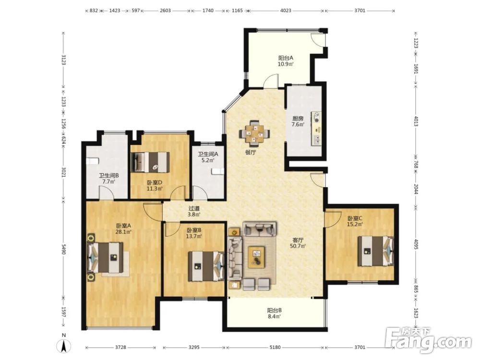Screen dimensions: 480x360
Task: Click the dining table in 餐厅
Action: click(254, 133)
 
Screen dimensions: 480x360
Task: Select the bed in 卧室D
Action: click(150, 162)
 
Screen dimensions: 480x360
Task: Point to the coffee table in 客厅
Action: click(256, 257)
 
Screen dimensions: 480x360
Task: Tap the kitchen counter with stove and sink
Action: click(317, 129)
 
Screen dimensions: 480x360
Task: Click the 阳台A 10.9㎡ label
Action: click(286, 61)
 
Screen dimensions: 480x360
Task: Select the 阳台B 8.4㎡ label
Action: click(274, 313)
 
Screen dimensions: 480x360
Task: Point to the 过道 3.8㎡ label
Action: click(194, 211)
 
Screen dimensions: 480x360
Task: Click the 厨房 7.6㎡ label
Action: click(298, 121)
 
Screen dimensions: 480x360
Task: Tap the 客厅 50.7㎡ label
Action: click(298, 243)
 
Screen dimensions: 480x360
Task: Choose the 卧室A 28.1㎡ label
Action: click(123, 228)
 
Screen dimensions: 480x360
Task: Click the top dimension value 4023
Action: click(286, 11)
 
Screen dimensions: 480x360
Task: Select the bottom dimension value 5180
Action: click(275, 348)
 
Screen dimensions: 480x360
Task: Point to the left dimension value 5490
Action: click(63, 249)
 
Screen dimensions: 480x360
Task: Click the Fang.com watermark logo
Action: click(428, 340)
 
